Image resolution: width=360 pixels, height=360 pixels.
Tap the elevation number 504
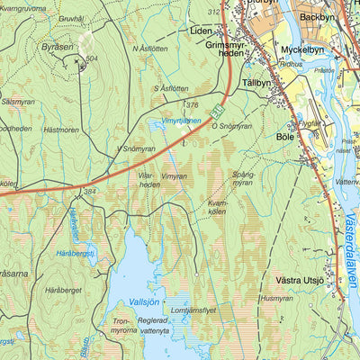point(92,59)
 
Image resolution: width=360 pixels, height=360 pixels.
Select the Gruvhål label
point(70,17)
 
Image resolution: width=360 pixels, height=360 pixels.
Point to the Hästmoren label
point(61,130)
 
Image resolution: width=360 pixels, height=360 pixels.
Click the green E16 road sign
point(216,112)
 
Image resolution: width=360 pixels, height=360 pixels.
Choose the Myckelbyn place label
point(301,49)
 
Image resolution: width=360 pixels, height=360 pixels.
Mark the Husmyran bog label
point(276,297)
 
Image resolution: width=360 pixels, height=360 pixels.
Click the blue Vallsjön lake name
point(144,301)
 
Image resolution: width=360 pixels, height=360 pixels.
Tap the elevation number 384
point(90,191)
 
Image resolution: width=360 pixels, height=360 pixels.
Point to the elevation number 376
point(192,105)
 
